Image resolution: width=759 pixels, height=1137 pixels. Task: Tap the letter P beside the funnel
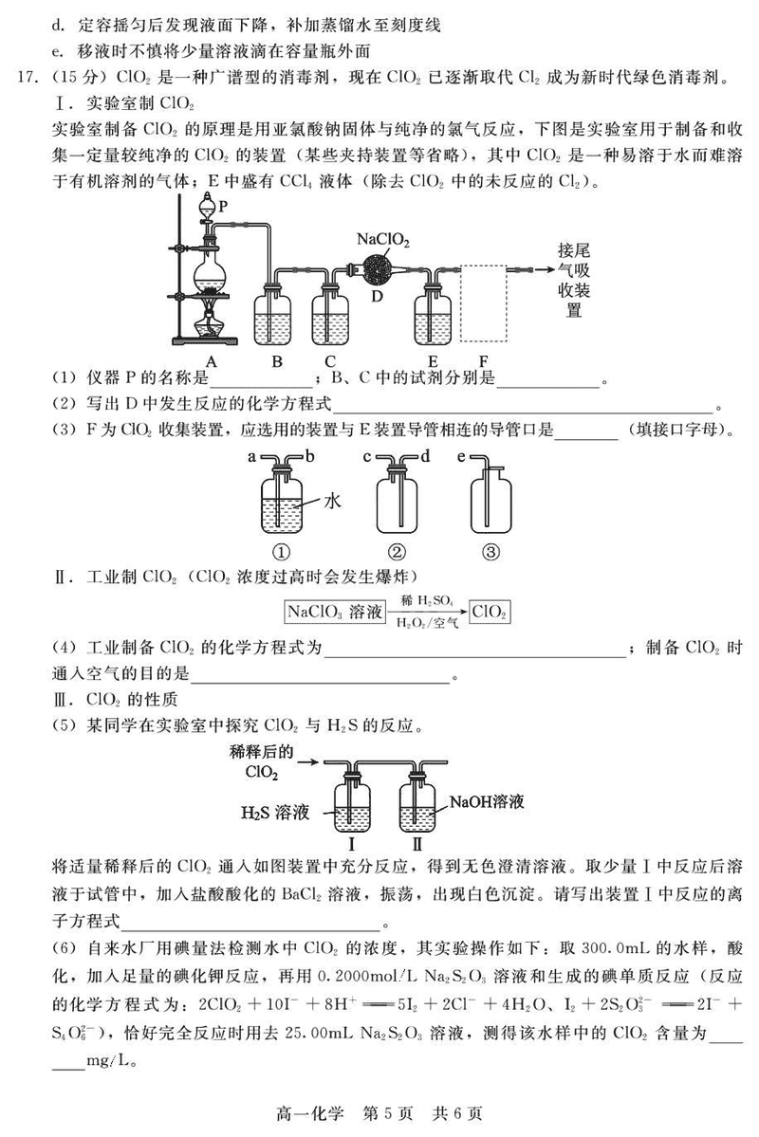[224, 205]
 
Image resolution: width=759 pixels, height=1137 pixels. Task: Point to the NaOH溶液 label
[487, 800]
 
